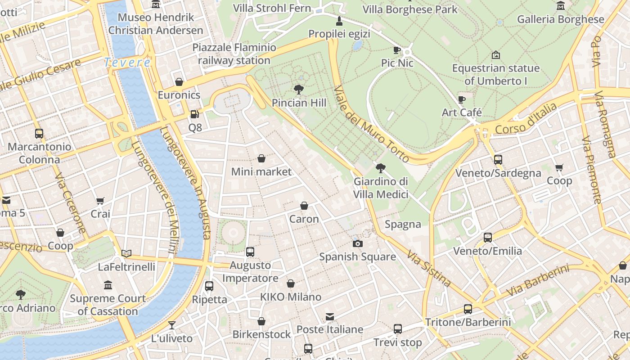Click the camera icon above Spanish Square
358,243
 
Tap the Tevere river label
127,63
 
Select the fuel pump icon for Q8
194,114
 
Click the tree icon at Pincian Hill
298,89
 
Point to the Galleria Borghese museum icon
560,6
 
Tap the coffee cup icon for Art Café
461,99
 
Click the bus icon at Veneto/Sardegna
498,159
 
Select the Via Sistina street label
429,269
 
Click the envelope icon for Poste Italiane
330,316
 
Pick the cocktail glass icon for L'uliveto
171,325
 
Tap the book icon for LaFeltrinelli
126,254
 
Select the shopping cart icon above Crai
100,201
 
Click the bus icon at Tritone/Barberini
468,309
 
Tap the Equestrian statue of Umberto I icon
495,55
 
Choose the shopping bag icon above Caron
304,206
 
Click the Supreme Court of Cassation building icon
108,285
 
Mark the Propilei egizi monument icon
339,21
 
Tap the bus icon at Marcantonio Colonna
39,133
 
